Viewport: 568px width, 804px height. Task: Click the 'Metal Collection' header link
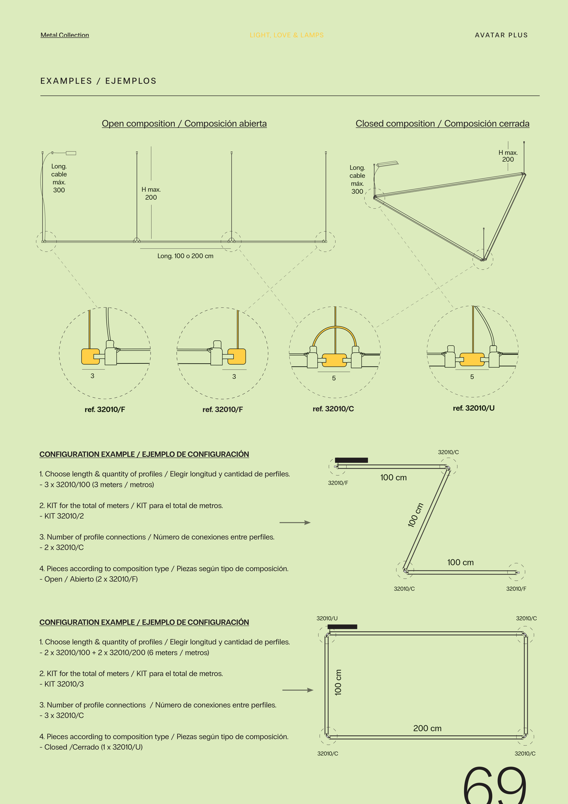[65, 35]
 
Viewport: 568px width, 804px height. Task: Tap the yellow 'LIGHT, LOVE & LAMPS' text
[287, 35]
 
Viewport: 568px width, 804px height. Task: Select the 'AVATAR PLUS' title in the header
[501, 35]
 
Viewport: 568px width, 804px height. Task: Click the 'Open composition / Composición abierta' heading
[184, 124]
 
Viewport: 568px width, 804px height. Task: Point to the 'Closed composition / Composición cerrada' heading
[442, 124]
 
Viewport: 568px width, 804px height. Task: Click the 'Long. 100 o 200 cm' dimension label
[185, 256]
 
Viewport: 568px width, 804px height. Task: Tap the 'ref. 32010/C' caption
[333, 409]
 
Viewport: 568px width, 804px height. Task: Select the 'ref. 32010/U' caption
[474, 408]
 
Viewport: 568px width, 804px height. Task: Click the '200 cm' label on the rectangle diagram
[427, 728]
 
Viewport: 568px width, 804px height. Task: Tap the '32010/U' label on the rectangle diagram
[327, 618]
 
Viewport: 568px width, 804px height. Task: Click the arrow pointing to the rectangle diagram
[298, 690]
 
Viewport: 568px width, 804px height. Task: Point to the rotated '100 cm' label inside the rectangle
[338, 682]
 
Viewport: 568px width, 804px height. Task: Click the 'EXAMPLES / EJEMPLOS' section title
[98, 81]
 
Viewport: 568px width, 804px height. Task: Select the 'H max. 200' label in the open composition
[151, 193]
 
